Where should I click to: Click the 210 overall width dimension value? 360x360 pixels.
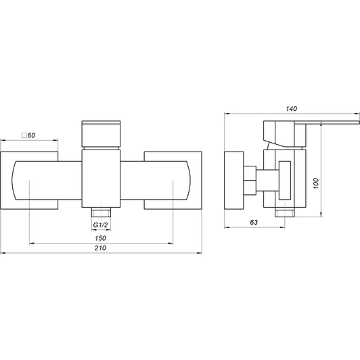(x=100, y=248)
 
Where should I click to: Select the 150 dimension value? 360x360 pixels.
(x=100, y=238)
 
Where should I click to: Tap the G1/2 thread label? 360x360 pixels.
(x=100, y=225)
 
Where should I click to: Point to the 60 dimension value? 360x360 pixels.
(x=31, y=135)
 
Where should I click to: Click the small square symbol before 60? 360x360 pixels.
(x=24, y=135)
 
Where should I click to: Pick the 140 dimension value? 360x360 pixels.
(x=292, y=108)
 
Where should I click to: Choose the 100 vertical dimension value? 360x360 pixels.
(x=316, y=183)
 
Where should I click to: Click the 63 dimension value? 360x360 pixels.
(x=254, y=222)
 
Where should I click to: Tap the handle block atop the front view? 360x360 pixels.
(x=101, y=133)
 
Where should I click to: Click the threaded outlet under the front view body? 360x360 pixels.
(x=101, y=212)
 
